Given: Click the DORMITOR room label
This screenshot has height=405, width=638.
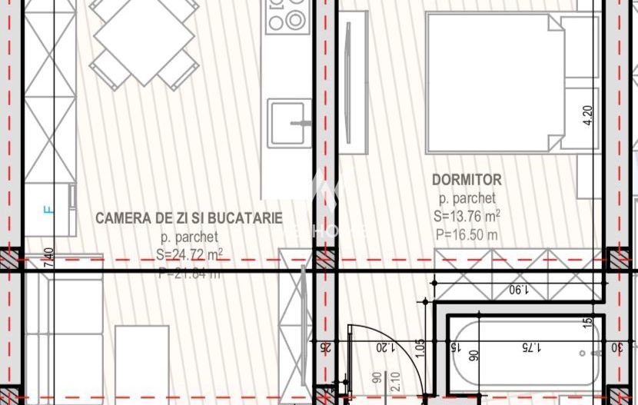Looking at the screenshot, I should click(x=467, y=180).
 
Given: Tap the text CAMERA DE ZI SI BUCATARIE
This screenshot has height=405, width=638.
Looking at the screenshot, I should click(x=189, y=218).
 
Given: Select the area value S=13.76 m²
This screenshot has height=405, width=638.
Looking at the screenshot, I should click(x=467, y=217).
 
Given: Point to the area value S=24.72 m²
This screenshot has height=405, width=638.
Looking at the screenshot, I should click(x=189, y=254).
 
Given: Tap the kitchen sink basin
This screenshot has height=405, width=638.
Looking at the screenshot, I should click(x=290, y=123).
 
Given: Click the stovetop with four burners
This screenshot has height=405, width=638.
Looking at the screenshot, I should click(x=287, y=16).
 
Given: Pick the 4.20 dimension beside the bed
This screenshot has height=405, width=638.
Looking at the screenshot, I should click(x=589, y=115).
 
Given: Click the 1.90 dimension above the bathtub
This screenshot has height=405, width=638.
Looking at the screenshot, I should click(x=521, y=290).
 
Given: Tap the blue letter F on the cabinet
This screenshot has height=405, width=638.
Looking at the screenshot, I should click(x=47, y=208).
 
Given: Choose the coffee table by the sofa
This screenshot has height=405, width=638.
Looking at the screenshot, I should click(x=142, y=361).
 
